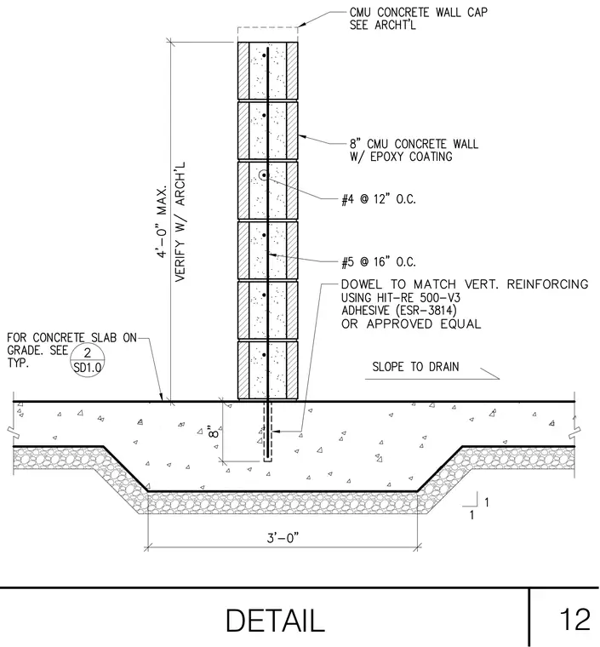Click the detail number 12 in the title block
(574, 619)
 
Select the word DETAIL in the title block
(275, 621)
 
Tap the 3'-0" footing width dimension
(283, 538)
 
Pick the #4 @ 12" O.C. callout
(379, 199)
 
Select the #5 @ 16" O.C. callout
(379, 262)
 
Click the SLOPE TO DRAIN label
(415, 367)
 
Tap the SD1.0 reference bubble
(87, 360)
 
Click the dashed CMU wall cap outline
(267, 27)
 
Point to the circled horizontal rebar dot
(264, 175)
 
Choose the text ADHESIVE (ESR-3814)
(399, 310)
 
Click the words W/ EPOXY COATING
(401, 157)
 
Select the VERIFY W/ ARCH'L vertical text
(180, 222)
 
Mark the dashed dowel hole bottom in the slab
(267, 461)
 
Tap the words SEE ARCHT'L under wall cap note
(383, 26)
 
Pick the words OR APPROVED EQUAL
(411, 323)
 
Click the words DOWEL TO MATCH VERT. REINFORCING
(465, 284)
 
